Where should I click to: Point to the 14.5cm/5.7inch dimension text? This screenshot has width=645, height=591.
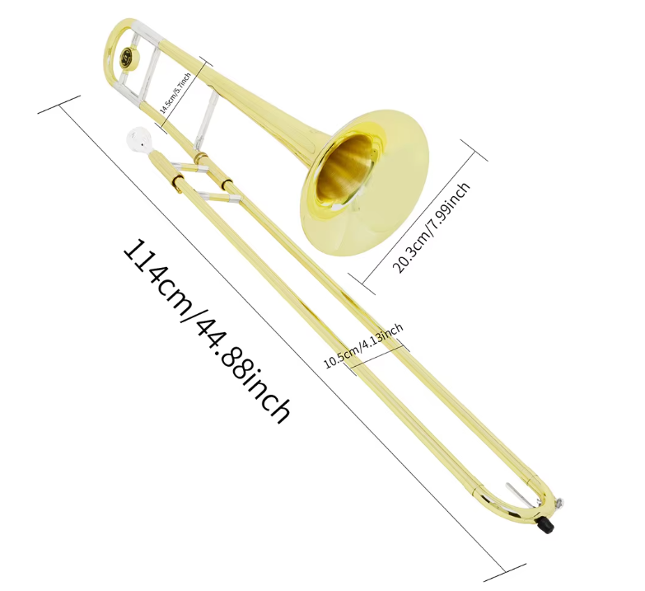pos(175,92)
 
